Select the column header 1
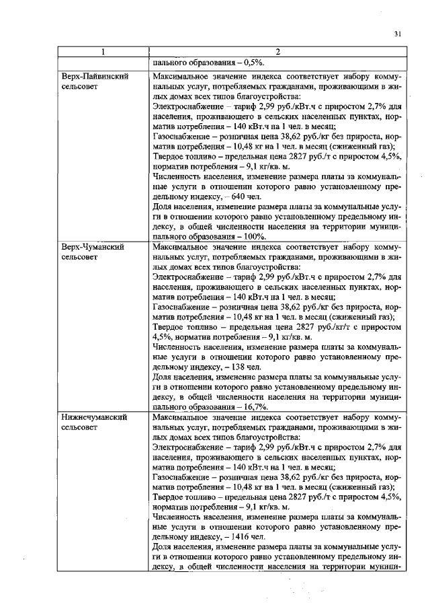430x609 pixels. click(103, 52)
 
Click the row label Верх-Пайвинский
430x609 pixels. click(94, 77)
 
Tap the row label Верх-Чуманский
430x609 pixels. click(93, 247)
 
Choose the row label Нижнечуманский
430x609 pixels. click(93, 417)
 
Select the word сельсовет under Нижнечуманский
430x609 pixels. click(81, 427)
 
